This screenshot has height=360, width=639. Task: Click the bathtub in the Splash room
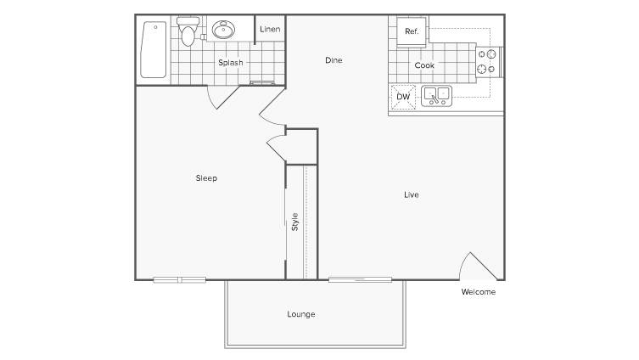(x=154, y=50)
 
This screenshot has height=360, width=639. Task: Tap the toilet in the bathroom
(x=188, y=31)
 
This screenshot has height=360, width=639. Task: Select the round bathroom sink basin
(x=223, y=30)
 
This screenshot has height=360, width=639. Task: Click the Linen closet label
(x=270, y=30)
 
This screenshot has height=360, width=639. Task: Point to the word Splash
(x=231, y=63)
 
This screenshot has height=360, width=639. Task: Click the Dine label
(x=334, y=60)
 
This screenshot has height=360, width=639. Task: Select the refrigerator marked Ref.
(x=412, y=31)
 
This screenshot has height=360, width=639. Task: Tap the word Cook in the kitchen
(x=424, y=65)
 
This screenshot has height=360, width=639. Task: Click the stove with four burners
(x=489, y=62)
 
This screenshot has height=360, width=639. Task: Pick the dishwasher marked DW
(x=403, y=97)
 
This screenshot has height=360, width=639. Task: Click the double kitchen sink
(x=436, y=96)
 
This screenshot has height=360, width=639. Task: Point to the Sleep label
(x=206, y=178)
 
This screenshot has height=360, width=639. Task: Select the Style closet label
(x=295, y=222)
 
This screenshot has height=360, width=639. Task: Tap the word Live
(x=412, y=195)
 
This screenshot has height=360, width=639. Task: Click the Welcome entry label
(x=479, y=292)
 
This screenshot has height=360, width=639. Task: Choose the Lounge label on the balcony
(x=301, y=314)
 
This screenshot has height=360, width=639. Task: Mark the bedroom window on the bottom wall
(x=180, y=279)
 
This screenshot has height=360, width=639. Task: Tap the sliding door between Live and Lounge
(x=361, y=279)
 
